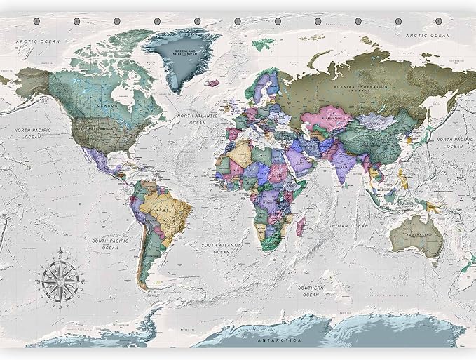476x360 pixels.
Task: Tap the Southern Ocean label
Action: point(309,291)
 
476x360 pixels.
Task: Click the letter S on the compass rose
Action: point(60,307)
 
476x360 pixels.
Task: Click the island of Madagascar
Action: point(302,226)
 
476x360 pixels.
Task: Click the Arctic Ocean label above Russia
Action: point(428,35)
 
